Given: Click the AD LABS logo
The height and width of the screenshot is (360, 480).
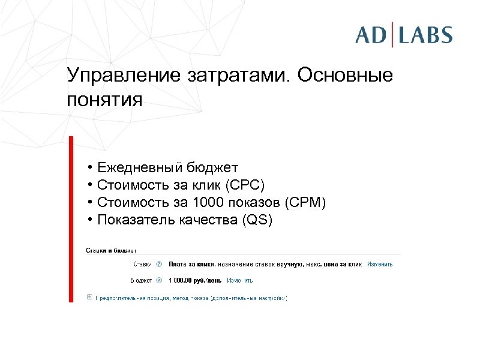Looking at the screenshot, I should point(403,34).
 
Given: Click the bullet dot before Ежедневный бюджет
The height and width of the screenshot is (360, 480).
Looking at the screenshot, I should point(88,167).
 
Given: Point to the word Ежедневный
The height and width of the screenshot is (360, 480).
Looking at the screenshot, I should point(139,167).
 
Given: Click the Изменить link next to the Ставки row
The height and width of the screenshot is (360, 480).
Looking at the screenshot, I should point(380,263).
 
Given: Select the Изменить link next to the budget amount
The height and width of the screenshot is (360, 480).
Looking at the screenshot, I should point(239,280).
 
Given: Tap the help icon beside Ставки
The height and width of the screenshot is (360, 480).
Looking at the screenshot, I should point(159,263).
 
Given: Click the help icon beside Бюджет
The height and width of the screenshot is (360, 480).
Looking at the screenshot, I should point(159,280).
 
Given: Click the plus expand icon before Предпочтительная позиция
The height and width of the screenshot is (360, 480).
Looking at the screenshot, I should point(89,296).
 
